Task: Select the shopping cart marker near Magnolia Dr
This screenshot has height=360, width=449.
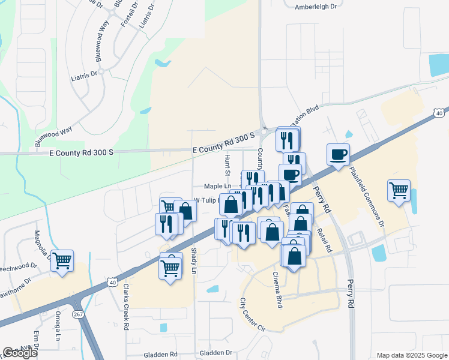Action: point(62,262)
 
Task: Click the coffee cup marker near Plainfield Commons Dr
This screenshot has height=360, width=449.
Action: point(339,155)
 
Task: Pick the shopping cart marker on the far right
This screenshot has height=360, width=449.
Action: point(399,191)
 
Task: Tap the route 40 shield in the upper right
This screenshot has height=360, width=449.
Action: point(440,112)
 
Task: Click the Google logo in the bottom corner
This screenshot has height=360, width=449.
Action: point(20,353)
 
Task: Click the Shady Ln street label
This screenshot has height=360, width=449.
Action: point(193,261)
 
